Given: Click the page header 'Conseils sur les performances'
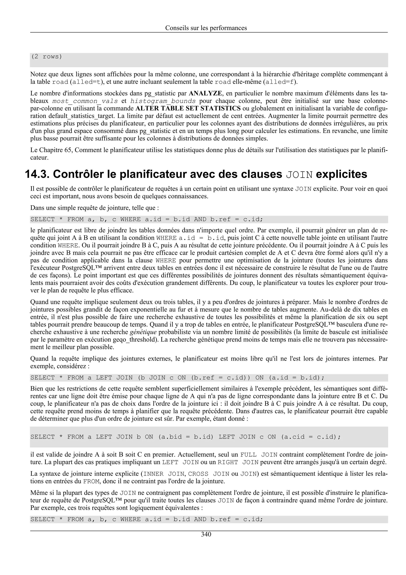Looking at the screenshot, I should [206, 28].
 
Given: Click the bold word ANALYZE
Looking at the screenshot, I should [205, 93].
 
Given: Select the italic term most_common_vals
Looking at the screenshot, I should [85, 101].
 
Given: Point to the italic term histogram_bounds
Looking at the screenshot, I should [163, 101].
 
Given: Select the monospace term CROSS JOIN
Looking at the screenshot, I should [209, 474].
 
